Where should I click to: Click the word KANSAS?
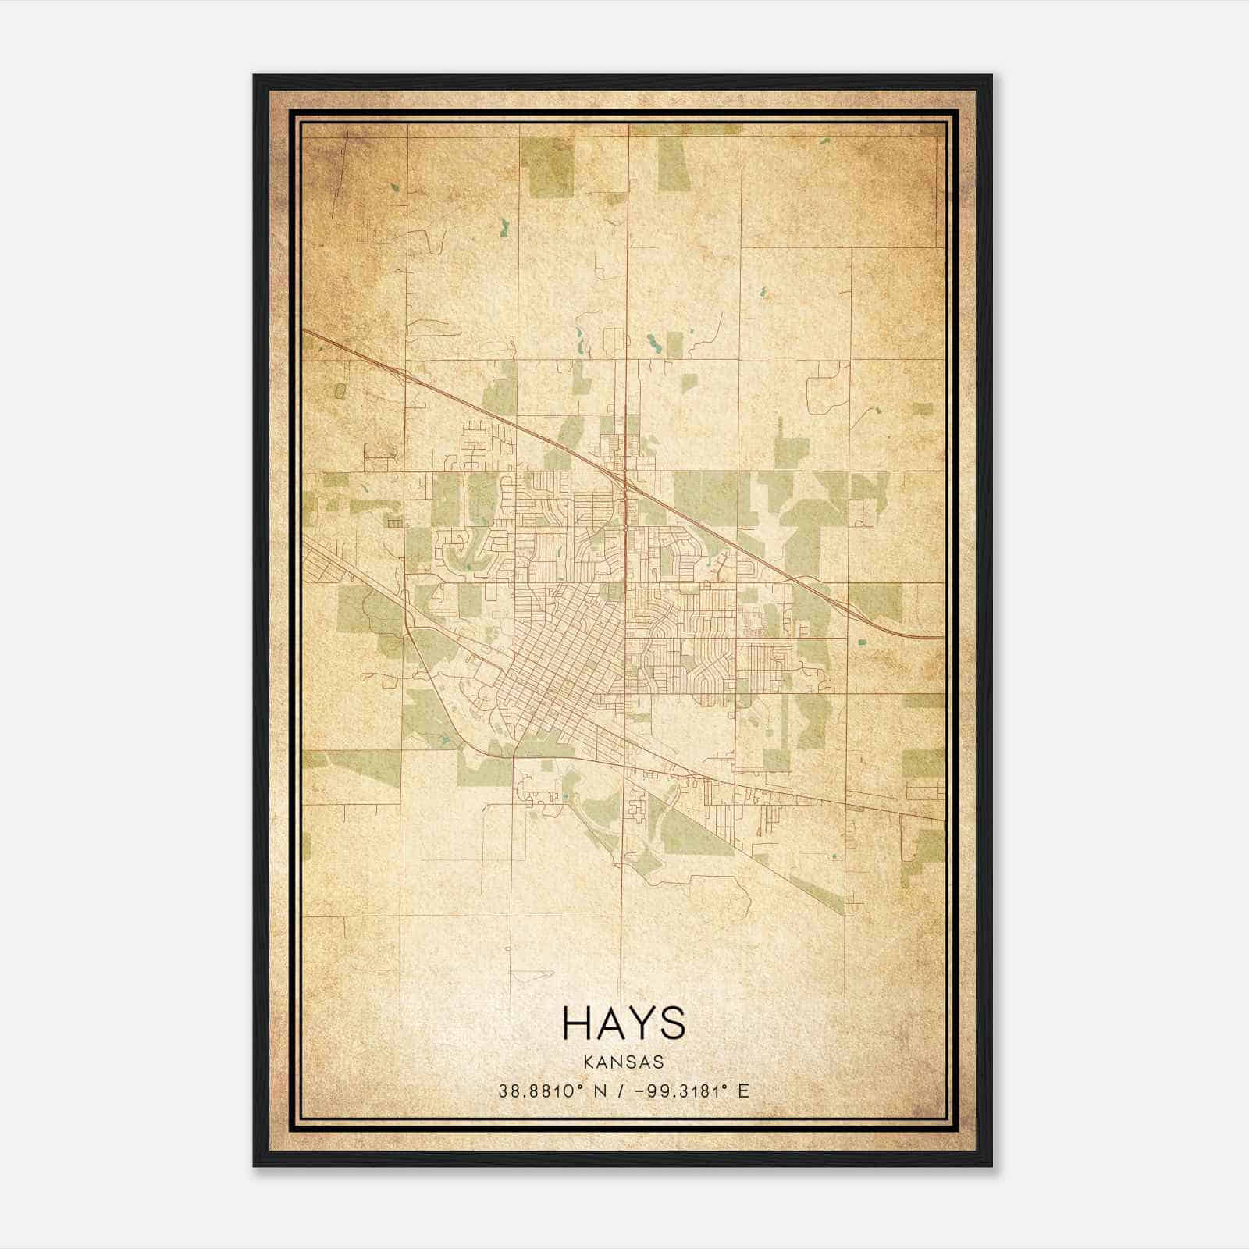pos(624,1062)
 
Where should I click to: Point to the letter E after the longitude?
pos(743,1091)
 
